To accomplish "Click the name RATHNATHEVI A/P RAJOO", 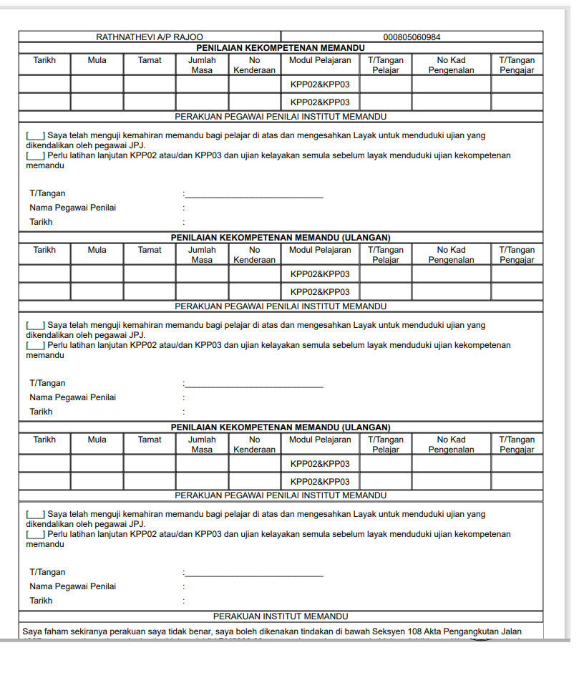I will tap(149, 37).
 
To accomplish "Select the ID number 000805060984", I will tap(412, 37).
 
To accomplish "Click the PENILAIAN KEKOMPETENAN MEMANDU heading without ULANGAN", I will tap(281, 47).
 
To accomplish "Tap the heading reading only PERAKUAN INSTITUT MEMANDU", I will tap(281, 616).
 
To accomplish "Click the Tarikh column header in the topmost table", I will tap(44, 60).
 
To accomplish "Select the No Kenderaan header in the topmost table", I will tap(254, 65).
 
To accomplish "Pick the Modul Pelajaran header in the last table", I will tap(320, 440).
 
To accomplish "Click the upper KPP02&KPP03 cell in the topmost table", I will tap(320, 84).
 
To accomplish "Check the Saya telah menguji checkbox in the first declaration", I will tap(36, 135).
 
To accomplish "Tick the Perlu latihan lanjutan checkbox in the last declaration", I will tap(36, 535).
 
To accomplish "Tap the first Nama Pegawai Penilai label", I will tap(72, 208).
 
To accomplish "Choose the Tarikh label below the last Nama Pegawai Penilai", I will tap(41, 601).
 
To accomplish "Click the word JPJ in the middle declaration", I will tap(137, 334).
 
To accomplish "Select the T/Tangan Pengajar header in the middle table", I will tap(517, 255).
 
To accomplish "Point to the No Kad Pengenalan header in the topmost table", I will tap(451, 65).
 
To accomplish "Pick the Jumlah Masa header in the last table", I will tap(202, 445).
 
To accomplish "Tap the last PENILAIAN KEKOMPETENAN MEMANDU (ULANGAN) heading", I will tap(281, 427).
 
